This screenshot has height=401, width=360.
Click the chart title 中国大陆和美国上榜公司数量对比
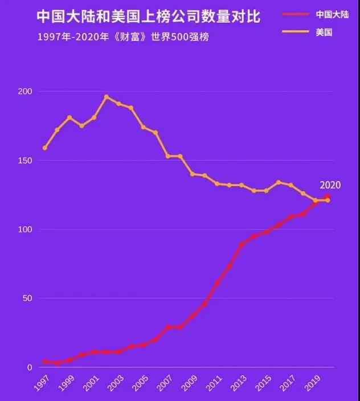coord(148,17)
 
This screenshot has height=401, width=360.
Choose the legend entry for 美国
coord(323,32)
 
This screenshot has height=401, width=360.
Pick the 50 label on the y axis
coord(27,298)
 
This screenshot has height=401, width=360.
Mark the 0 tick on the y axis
coord(29,367)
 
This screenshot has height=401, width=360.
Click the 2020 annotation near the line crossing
coord(330,185)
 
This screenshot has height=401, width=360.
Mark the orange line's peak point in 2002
coord(106,97)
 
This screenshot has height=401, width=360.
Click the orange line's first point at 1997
coord(45,148)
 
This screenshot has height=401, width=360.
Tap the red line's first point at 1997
coord(45,362)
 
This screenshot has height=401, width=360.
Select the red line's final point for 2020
coord(328,197)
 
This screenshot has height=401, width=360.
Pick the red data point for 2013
coord(242,244)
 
